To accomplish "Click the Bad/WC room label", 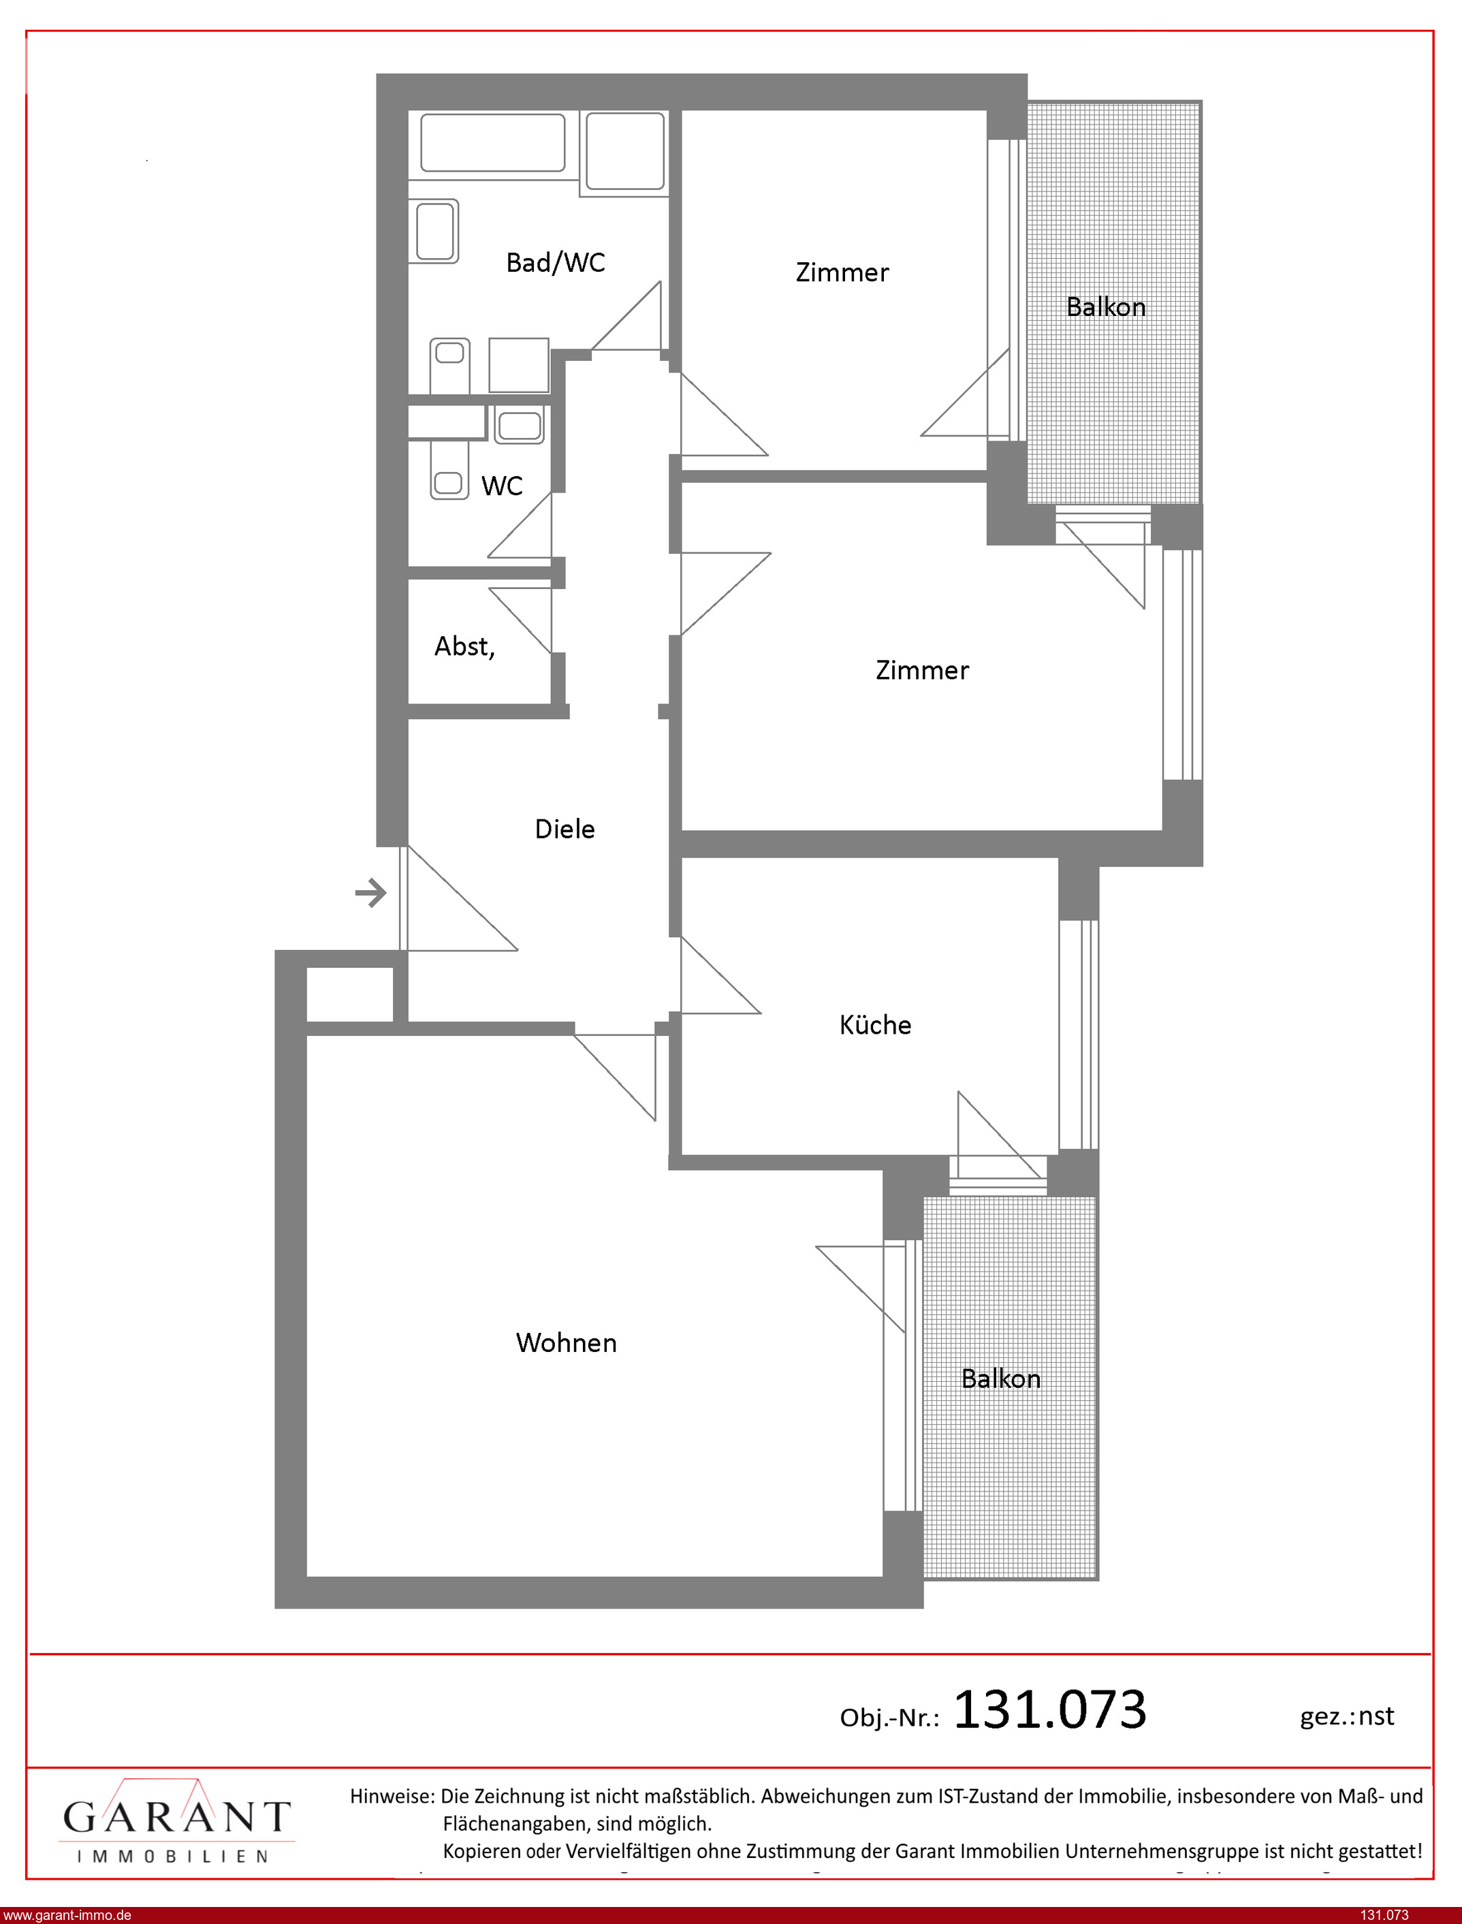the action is [x=555, y=263].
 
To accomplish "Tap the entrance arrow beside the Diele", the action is [x=370, y=893].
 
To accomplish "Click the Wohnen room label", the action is [x=567, y=1342].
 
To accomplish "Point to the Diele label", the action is [x=565, y=828].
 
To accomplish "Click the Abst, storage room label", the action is [x=464, y=646].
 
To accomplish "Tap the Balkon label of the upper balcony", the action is [x=1106, y=307].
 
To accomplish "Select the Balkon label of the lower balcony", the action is [x=1001, y=1378].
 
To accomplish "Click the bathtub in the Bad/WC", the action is [x=492, y=143].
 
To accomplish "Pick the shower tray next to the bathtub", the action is [x=625, y=151].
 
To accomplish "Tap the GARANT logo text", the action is [x=176, y=1816].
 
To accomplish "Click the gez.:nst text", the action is [x=1347, y=1716].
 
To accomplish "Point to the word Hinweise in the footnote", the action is [x=392, y=1795].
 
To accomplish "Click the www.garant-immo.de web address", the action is [x=67, y=1915].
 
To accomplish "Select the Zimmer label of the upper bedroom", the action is [x=842, y=272].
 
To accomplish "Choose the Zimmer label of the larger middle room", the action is [x=923, y=670].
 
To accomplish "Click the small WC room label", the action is [x=502, y=486].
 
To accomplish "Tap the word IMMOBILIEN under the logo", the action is [x=172, y=1857].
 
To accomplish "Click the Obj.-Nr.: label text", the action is [x=889, y=1718].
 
